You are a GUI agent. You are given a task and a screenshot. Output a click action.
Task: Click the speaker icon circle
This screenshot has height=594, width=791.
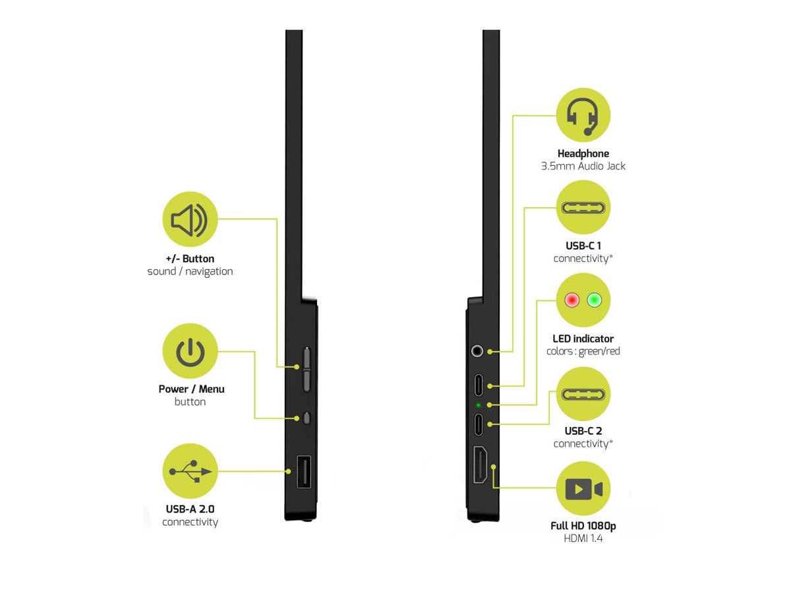tap(189, 220)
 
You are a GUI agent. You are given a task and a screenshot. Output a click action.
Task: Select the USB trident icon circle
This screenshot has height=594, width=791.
tap(190, 471)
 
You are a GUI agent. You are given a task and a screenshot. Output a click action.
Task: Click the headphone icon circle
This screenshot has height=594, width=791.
tap(583, 115)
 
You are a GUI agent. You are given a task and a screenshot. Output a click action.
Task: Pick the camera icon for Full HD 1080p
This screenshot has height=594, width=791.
tap(583, 489)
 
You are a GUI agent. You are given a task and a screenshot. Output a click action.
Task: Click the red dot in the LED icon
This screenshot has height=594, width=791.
tap(571, 300)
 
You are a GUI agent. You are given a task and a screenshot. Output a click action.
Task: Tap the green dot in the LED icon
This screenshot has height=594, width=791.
tap(596, 300)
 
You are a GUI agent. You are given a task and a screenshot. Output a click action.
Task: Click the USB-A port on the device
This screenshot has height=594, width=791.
tap(304, 472)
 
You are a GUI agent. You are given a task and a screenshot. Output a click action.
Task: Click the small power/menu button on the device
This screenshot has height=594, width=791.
tap(307, 417)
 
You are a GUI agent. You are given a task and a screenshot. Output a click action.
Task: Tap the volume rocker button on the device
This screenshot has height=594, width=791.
tap(307, 368)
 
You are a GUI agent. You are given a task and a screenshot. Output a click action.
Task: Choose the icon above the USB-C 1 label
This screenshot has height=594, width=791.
tap(583, 207)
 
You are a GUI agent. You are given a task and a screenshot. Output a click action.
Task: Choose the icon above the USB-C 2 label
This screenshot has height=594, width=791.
tap(583, 394)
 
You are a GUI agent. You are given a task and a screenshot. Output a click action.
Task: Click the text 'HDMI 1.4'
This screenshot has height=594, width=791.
tap(583, 539)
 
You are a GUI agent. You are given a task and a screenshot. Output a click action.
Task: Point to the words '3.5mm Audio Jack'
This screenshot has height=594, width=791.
tap(583, 166)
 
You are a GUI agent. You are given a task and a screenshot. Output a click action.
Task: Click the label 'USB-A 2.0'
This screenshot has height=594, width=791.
tap(190, 510)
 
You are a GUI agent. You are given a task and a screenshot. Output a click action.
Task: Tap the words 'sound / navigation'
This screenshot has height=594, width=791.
tap(190, 271)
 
